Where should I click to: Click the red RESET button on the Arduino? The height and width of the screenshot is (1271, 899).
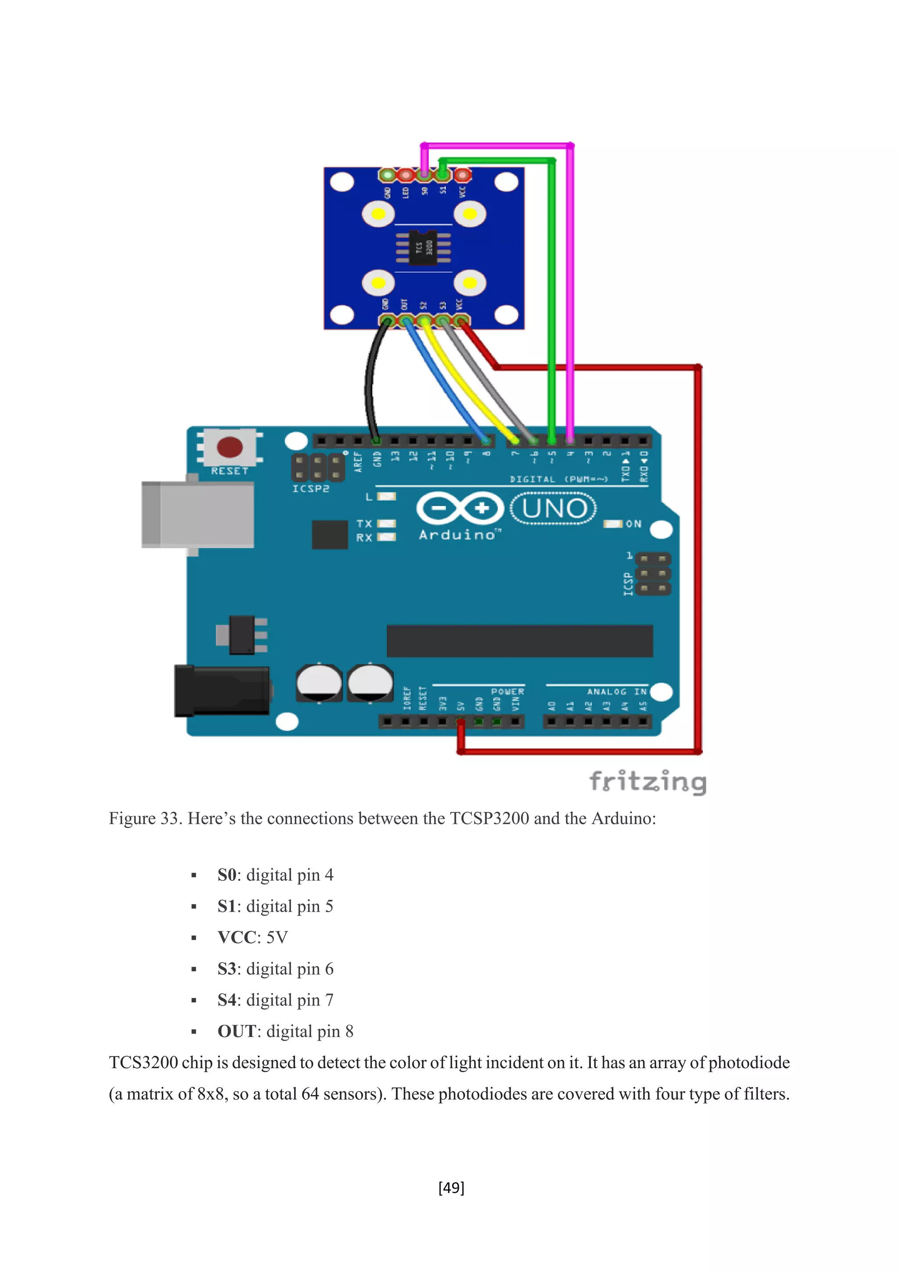pyautogui.click(x=229, y=447)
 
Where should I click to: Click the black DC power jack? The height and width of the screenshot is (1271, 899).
pyautogui.click(x=221, y=691)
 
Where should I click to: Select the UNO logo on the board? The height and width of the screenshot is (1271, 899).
pyautogui.click(x=553, y=508)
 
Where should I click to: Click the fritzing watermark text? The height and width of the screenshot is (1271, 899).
pyautogui.click(x=647, y=782)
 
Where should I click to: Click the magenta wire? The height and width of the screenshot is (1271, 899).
pyautogui.click(x=570, y=277)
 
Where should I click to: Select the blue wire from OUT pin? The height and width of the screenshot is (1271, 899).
pyautogui.click(x=443, y=382)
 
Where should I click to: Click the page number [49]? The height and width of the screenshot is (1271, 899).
pyautogui.click(x=451, y=1188)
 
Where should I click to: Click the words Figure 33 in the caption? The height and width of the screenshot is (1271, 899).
pyautogui.click(x=144, y=818)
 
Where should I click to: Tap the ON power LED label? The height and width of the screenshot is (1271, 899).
pyautogui.click(x=633, y=524)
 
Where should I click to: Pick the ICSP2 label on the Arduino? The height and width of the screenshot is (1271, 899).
pyautogui.click(x=310, y=489)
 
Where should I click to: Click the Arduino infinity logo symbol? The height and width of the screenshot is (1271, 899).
pyautogui.click(x=460, y=508)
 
